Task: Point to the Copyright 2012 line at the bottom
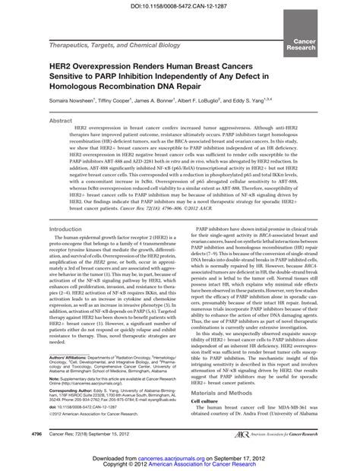(180, 466)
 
